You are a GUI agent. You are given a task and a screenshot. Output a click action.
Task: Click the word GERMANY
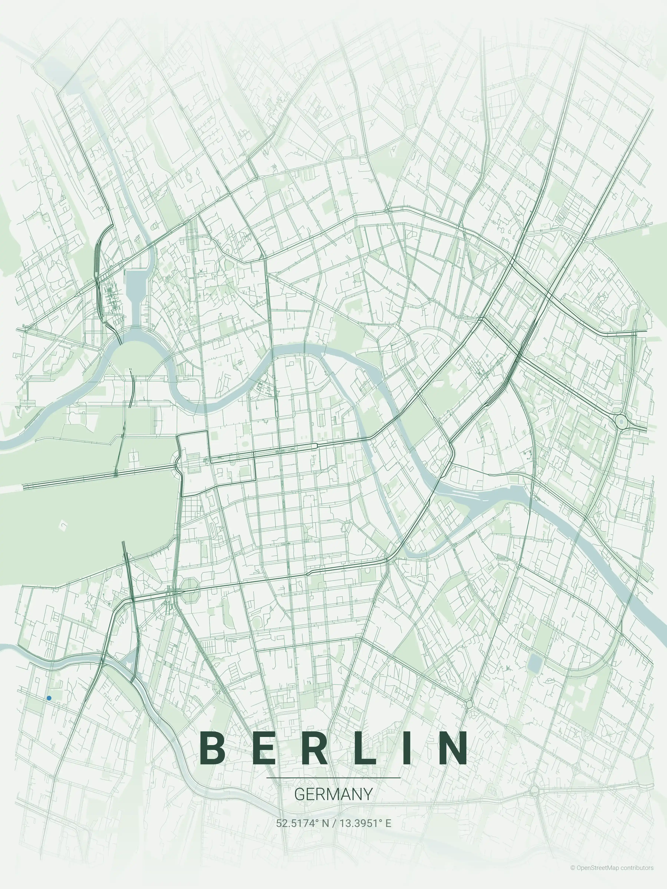[x=333, y=794]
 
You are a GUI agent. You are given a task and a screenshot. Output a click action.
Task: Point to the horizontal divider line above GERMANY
[x=333, y=778]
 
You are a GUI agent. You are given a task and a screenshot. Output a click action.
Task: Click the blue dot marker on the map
[x=49, y=698]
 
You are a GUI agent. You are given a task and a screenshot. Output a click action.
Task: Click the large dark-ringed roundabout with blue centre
[x=621, y=422]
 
